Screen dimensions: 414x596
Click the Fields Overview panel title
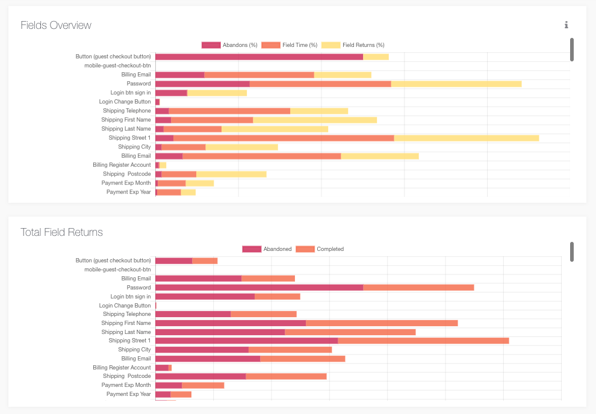tap(56, 25)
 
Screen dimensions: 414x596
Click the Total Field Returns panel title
tap(61, 232)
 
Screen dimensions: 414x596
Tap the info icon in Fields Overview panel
tap(567, 25)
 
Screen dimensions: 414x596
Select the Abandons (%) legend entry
tap(229, 45)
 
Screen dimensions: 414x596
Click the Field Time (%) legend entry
tap(290, 45)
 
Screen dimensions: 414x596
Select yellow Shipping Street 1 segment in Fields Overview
tap(466, 138)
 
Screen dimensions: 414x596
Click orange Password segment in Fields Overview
tap(320, 84)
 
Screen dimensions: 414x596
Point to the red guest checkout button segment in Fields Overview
tap(259, 57)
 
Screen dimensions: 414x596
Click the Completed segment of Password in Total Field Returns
tap(418, 288)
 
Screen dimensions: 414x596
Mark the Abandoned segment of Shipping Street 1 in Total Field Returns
tap(246, 341)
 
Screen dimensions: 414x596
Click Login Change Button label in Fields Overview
tap(125, 102)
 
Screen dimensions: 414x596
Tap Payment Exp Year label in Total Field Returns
tap(128, 394)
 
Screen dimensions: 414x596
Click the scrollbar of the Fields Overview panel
tap(572, 49)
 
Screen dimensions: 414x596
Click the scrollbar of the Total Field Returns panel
tap(572, 252)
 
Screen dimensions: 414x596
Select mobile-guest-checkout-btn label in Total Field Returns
tap(117, 270)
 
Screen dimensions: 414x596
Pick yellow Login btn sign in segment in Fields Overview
tap(217, 93)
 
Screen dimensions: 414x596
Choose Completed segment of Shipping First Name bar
tap(382, 323)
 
